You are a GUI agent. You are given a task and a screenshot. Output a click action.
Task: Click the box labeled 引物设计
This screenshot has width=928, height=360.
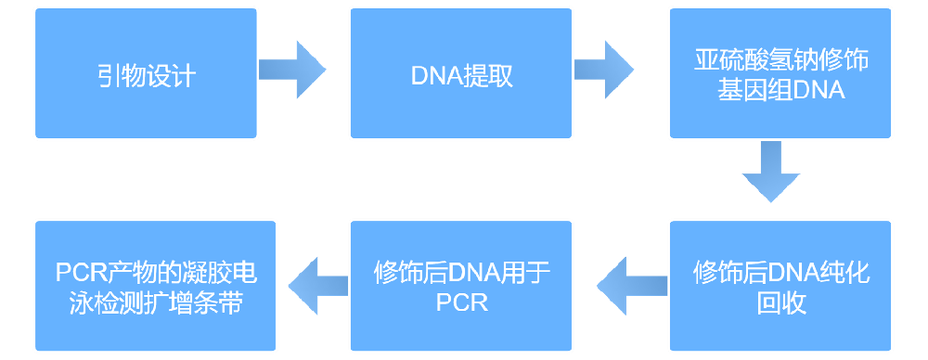coord(146,73)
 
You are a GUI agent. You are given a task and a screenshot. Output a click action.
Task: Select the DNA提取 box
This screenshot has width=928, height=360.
coord(460,73)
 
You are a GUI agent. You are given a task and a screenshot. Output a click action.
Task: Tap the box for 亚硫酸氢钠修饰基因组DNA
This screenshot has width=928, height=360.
coord(780,73)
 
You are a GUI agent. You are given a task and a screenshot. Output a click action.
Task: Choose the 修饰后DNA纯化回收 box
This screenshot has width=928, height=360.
coord(780,286)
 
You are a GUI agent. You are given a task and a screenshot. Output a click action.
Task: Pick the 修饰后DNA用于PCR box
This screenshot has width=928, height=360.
coord(460,286)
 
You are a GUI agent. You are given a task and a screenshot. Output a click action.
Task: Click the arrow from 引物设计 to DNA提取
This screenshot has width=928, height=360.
coord(292,70)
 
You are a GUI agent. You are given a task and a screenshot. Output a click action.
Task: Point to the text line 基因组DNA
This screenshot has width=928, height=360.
coord(780,91)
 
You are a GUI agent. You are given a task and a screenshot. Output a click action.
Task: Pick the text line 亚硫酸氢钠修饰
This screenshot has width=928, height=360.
coord(780,59)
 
